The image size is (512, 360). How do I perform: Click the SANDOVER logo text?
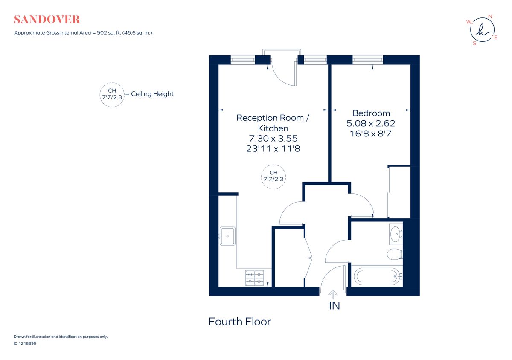[47, 20]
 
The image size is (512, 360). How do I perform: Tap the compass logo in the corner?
[482, 30]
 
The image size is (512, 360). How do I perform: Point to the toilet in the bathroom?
[394, 255]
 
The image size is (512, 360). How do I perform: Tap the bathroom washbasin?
[396, 233]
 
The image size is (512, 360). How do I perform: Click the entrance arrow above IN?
[332, 294]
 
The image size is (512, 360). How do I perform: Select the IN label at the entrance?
[334, 306]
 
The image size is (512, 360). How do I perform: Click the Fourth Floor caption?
[239, 322]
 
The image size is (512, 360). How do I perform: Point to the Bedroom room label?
[371, 113]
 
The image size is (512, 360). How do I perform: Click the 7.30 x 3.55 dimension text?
[273, 139]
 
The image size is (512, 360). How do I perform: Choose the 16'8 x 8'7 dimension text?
[371, 134]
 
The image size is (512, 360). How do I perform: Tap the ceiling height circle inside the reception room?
[273, 176]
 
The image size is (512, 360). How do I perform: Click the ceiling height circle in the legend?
[112, 94]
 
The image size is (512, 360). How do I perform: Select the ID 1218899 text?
[25, 343]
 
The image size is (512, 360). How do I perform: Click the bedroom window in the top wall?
[367, 60]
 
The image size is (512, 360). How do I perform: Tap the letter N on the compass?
[490, 17]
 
